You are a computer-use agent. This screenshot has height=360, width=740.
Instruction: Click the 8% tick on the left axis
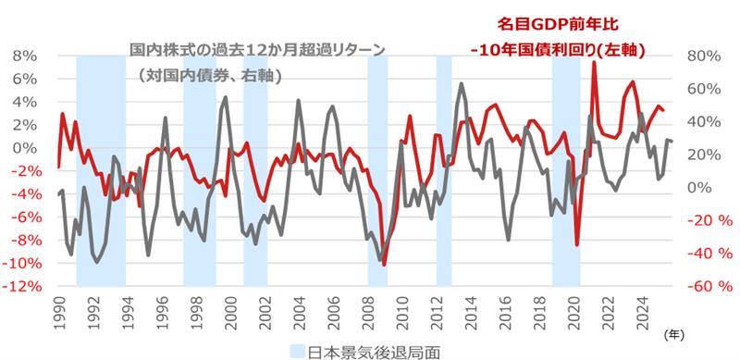tap(22, 56)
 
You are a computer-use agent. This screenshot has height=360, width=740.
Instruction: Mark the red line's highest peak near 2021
tap(593, 63)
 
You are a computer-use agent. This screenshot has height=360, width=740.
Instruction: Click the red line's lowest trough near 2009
tap(383, 265)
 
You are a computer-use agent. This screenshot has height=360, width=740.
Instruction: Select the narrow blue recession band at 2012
tap(444, 171)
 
